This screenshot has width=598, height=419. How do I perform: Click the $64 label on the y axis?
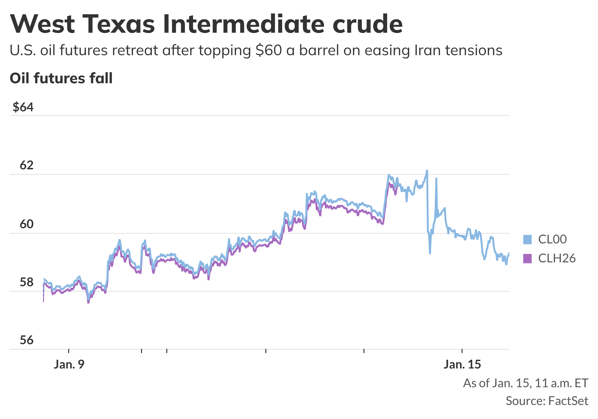click(x=23, y=107)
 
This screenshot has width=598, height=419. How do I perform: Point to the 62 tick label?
click(x=27, y=165)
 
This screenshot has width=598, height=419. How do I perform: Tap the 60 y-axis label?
click(x=27, y=224)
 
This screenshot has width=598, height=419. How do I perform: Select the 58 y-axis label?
click(x=27, y=282)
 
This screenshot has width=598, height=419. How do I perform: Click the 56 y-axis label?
click(x=27, y=340)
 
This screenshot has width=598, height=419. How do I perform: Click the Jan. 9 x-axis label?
click(x=69, y=364)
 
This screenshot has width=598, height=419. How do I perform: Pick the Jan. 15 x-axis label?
click(x=462, y=364)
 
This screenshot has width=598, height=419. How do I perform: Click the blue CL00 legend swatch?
click(x=527, y=239)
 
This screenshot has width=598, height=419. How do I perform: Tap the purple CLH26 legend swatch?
click(x=527, y=258)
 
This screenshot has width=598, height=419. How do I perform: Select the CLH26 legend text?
click(x=557, y=258)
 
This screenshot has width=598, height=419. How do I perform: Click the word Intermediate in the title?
click(x=244, y=24)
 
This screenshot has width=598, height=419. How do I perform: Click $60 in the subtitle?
click(x=269, y=50)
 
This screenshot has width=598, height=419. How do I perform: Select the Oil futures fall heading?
click(x=61, y=78)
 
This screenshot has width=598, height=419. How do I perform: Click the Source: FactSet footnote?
click(x=547, y=401)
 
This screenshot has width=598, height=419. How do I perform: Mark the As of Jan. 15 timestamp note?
click(x=525, y=383)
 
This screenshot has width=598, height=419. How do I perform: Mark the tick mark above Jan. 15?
click(x=462, y=351)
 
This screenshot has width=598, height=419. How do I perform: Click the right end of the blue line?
click(x=509, y=253)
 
